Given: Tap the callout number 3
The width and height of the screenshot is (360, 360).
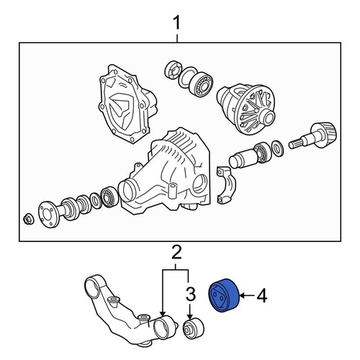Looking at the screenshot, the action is click(190, 294).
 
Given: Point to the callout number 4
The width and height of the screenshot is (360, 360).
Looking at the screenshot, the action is click(261, 295).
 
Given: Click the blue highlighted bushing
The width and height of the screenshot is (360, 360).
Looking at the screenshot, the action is click(224, 296).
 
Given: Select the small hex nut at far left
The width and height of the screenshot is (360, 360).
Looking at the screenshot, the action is click(29, 219).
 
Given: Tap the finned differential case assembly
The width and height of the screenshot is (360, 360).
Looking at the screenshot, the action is click(246, 108).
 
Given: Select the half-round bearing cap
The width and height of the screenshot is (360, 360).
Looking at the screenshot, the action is click(226, 185).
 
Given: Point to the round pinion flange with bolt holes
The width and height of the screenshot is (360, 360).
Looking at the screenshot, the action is click(49, 215).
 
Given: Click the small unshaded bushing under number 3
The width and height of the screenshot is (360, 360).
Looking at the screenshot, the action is click(194, 328).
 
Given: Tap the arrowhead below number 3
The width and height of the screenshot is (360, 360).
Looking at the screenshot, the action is click(190, 316).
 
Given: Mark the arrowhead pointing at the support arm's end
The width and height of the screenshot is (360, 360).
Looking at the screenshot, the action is click(163, 313).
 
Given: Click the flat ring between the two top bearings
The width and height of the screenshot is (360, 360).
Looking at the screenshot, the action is click(188, 77).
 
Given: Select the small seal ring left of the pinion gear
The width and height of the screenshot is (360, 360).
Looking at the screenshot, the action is click(278, 148).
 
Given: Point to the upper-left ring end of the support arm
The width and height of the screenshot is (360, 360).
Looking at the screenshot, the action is click(92, 287).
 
